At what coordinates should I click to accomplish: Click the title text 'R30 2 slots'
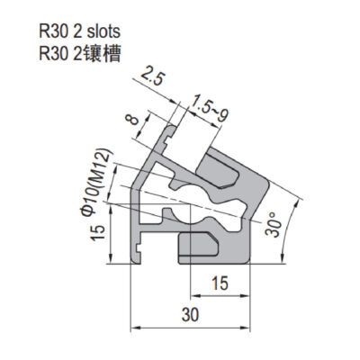pyautogui.click(x=79, y=31)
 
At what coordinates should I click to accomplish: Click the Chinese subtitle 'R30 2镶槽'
pyautogui.click(x=80, y=54)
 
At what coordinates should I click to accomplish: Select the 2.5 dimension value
pyautogui.click(x=153, y=76)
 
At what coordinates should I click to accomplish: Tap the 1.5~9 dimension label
pyautogui.click(x=211, y=108)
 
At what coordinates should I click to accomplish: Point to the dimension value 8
pyautogui.click(x=132, y=120)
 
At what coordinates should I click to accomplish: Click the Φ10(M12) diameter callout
pyautogui.click(x=97, y=182)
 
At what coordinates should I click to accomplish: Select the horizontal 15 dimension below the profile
pyautogui.click(x=220, y=283)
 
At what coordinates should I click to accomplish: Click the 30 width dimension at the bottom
pyautogui.click(x=190, y=315)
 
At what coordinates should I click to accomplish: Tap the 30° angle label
pyautogui.click(x=274, y=224)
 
